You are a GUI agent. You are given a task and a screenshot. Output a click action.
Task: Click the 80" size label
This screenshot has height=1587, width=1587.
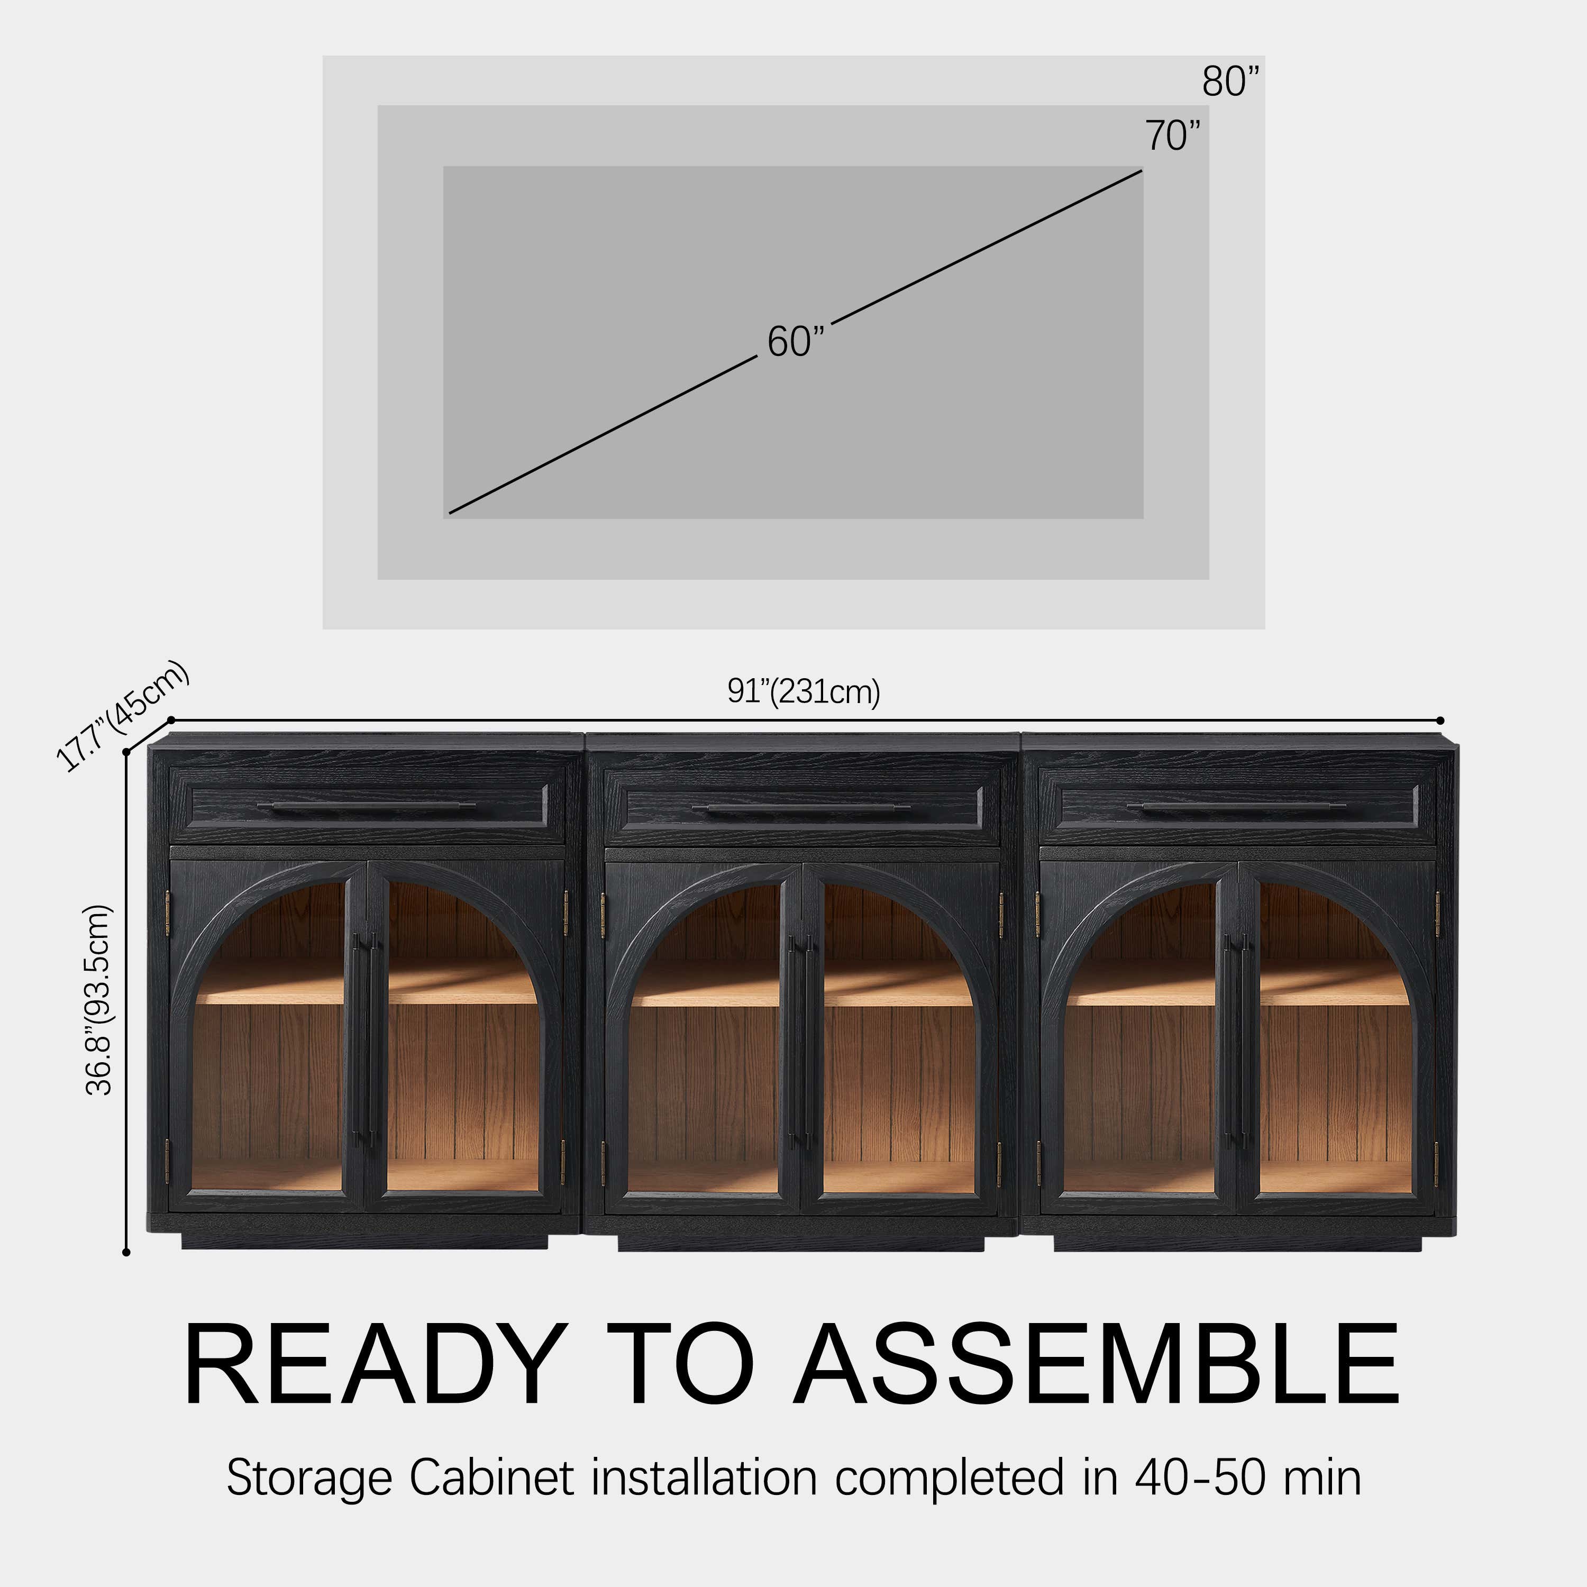[1230, 81]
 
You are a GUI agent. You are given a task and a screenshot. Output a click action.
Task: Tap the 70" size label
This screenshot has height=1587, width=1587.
[1173, 135]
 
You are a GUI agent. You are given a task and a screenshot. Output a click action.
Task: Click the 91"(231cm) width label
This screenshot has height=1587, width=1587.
[804, 691]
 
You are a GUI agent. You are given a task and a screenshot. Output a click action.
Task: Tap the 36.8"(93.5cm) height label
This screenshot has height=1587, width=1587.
[98, 1000]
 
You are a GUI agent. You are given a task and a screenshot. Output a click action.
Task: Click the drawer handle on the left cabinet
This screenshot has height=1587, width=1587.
[367, 807]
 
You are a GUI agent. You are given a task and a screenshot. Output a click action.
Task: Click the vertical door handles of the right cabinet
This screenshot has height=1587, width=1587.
[1236, 1040]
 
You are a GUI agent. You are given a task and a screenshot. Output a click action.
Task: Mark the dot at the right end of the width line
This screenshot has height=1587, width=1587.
[1441, 720]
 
